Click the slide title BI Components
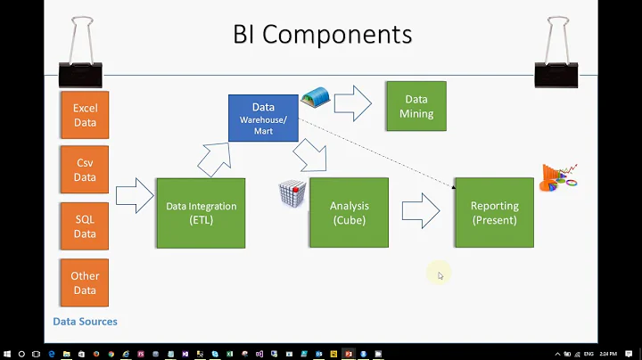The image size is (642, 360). [322, 35]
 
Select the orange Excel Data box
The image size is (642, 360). [85, 115]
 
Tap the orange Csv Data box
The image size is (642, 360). [85, 170]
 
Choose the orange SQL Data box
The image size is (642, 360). [85, 226]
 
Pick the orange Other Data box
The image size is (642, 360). [85, 282]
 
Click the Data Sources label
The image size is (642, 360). [85, 322]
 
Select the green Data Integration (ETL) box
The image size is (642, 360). [201, 212]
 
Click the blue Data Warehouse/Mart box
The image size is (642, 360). [263, 118]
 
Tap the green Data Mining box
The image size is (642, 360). [416, 106]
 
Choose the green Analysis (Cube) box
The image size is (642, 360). [349, 212]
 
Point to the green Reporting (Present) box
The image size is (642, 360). [494, 212]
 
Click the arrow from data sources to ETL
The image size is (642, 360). [135, 196]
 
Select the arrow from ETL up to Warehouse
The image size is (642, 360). [214, 159]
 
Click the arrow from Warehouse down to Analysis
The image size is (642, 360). [311, 156]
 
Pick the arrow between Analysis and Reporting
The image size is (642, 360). [420, 211]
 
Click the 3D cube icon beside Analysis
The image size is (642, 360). [292, 193]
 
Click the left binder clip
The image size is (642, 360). [79, 55]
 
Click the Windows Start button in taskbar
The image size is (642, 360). [9, 353]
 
